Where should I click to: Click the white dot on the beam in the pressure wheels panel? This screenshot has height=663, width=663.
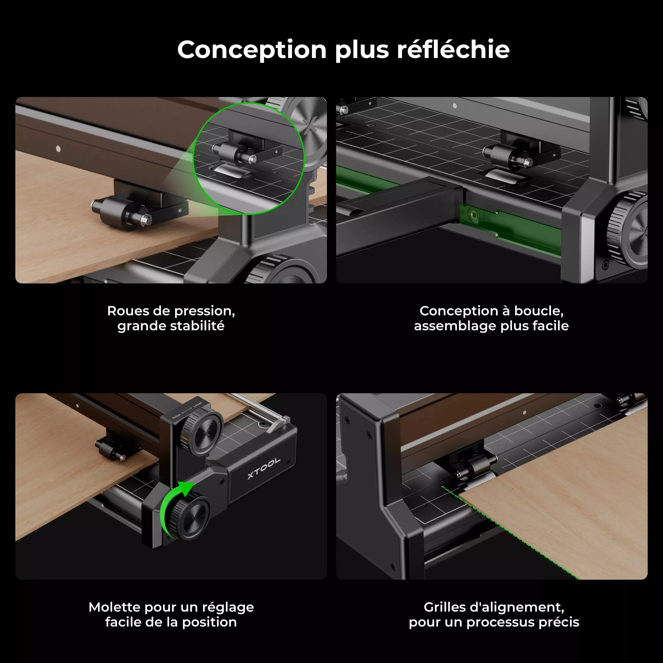[58, 149]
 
